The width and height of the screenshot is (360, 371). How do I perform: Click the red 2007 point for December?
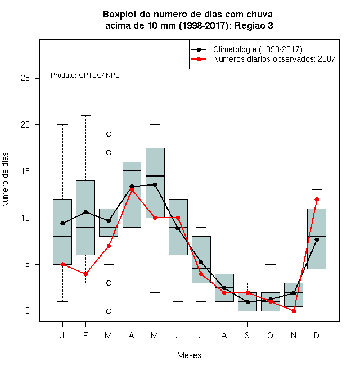pos(317,199)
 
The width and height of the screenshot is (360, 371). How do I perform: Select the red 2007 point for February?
pos(85,274)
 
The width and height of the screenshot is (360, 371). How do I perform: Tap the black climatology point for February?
pos(85,212)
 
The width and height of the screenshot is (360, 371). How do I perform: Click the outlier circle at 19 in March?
pos(109,134)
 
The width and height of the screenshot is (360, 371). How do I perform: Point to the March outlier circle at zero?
pos(109,311)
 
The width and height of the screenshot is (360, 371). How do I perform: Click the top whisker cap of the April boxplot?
pos(132,97)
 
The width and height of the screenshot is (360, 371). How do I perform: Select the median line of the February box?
pos(85,227)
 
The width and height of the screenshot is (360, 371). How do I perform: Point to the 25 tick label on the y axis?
pos(25,78)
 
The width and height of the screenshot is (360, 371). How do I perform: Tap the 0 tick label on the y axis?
pos(28,311)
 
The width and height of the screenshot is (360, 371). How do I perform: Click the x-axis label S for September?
pos(247,335)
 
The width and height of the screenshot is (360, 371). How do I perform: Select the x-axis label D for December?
pos(317,335)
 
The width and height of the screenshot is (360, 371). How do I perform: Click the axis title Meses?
pos(189,355)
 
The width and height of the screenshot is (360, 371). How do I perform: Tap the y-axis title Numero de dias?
pos(5,180)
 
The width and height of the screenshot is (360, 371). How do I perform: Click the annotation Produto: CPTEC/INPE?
pos(85,75)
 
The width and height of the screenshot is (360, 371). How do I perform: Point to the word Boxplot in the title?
pos(120,15)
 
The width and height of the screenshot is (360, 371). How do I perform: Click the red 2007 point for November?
pos(294,311)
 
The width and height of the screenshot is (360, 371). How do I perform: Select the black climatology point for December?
pos(317,239)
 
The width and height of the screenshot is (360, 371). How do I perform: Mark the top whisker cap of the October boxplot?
pos(271,264)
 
